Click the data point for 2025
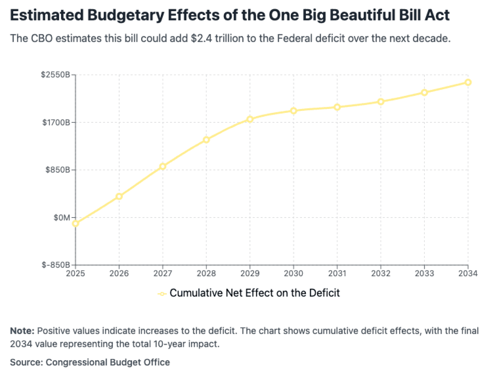pyautogui.click(x=75, y=223)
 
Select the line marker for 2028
pyautogui.click(x=206, y=139)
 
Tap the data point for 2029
pyautogui.click(x=250, y=119)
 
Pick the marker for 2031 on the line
pyautogui.click(x=337, y=107)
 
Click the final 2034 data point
pyautogui.click(x=468, y=82)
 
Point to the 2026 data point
pyautogui.click(x=119, y=196)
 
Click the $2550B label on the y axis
pyautogui.click(x=55, y=75)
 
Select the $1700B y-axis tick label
pyautogui.click(x=56, y=122)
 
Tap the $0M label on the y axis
pyautogui.click(x=62, y=218)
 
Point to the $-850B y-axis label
pyautogui.click(x=56, y=265)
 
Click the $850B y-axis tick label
pyautogui.click(x=58, y=170)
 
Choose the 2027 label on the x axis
pyautogui.click(x=162, y=274)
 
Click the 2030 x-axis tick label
pyautogui.click(x=294, y=274)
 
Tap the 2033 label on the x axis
pyautogui.click(x=424, y=274)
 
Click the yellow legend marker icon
pyautogui.click(x=162, y=294)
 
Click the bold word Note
pyautogui.click(x=22, y=331)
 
